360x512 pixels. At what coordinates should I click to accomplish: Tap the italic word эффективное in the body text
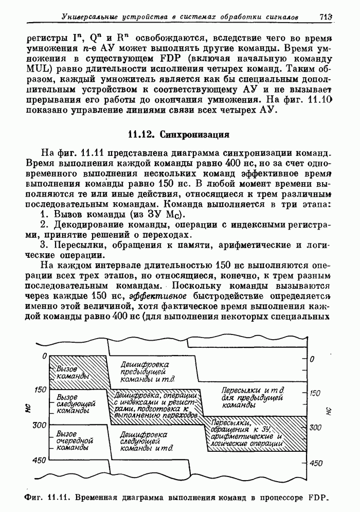tap(153, 297)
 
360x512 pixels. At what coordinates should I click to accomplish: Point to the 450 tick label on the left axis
tap(40, 460)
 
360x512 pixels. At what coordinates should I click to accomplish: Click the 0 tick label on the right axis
tap(311, 359)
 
